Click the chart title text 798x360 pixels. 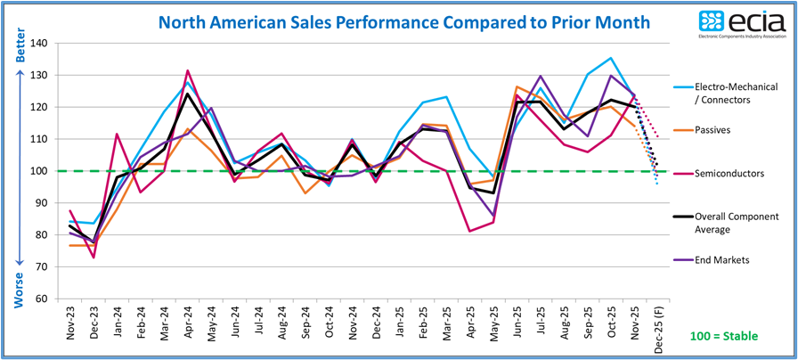point(403,20)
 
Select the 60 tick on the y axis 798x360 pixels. point(40,299)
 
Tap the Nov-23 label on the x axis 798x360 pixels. point(70,317)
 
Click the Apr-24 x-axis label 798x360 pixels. point(187,317)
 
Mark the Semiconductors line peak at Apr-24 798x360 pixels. point(188,70)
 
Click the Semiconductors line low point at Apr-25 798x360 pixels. point(469,232)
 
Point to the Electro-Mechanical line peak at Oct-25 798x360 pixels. point(610,58)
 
